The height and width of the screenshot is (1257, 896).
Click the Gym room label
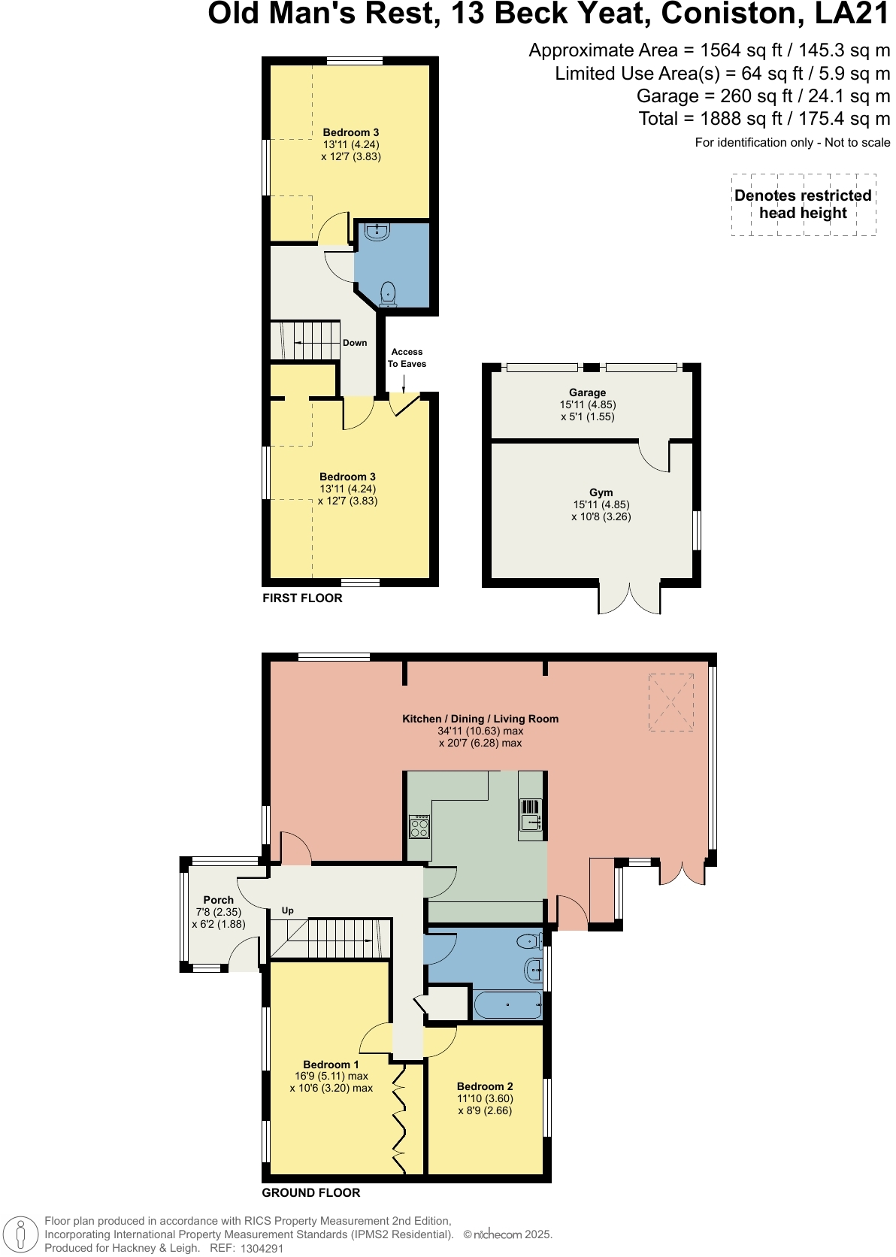[x=601, y=493]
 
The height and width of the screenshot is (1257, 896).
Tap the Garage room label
[x=587, y=392]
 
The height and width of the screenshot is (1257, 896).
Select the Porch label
[x=218, y=900]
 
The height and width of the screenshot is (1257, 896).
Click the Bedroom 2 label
[x=485, y=1086]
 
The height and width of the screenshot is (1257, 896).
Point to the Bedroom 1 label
[x=331, y=1065]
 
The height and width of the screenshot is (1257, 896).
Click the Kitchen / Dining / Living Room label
[x=480, y=719]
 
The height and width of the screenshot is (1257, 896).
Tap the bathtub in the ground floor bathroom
[x=508, y=1004]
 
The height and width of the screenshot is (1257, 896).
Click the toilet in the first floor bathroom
[x=388, y=292]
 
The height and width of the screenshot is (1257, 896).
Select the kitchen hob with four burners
[x=419, y=827]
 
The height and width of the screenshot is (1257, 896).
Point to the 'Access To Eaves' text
[x=407, y=358]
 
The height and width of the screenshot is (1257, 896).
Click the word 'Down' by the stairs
[x=355, y=343]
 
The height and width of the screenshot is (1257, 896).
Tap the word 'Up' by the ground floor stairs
[x=287, y=910]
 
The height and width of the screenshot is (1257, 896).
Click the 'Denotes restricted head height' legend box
[x=803, y=204]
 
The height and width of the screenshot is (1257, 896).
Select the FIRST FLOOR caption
[x=302, y=598]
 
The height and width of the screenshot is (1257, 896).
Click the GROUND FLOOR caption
[x=310, y=1193]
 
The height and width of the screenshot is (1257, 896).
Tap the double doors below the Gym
[x=630, y=598]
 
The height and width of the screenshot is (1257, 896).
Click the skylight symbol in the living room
[x=670, y=702]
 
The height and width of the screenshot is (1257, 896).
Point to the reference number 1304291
[x=262, y=1248]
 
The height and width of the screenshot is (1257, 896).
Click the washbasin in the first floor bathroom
[x=377, y=232]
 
